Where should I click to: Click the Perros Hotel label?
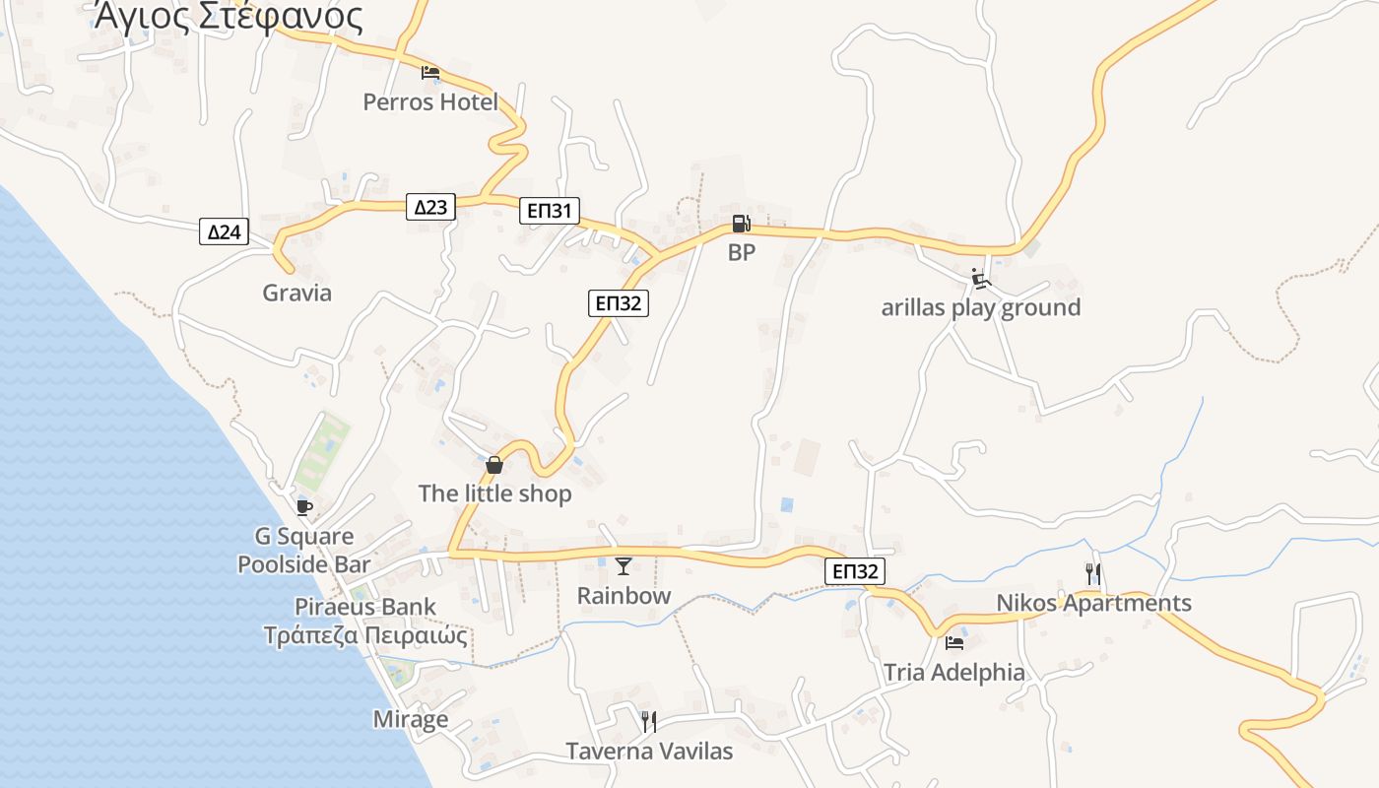pos(430,101)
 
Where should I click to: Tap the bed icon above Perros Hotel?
pos(430,72)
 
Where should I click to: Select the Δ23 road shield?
pos(430,207)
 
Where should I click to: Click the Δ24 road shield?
pos(224,232)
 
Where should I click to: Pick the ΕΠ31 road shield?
pos(550,210)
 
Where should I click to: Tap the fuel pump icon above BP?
pos(742,225)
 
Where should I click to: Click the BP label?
pos(742,252)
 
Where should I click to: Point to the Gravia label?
pos(296,293)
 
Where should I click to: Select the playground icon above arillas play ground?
pos(980,280)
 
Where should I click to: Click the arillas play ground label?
pos(980,307)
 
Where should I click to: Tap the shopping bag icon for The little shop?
pos(494,464)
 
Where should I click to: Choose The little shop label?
pos(494,493)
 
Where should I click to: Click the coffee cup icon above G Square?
pos(304,507)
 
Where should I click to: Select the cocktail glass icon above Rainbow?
pos(623,565)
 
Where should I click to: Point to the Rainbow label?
pos(624,595)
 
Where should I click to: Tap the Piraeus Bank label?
pos(365,607)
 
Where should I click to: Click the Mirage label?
pos(411,719)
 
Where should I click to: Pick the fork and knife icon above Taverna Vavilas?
pos(648,722)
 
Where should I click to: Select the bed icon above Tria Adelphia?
pos(953,643)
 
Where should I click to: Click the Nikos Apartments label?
pos(1093,603)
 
